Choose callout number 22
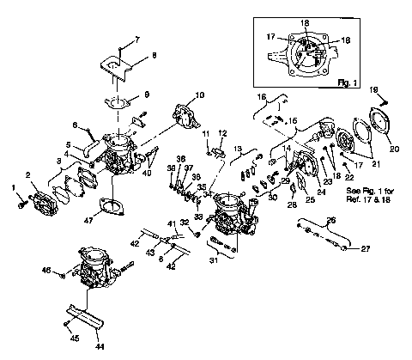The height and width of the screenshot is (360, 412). pos(348,176)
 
